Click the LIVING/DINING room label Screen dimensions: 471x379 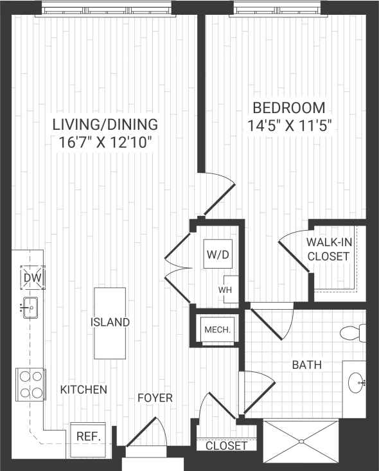click(x=105, y=124)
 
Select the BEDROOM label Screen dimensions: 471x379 click(x=288, y=107)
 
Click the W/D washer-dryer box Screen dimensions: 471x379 click(x=217, y=254)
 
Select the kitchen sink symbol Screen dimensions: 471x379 click(x=29, y=308)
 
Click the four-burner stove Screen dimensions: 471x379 click(x=30, y=384)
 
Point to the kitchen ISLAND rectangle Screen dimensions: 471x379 click(x=110, y=323)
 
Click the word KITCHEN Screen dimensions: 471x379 click(x=84, y=389)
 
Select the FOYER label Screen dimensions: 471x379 click(x=155, y=398)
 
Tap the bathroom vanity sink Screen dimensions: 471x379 click(x=355, y=384)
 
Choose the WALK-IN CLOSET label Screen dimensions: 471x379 click(x=328, y=249)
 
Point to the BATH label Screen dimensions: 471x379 click(x=307, y=365)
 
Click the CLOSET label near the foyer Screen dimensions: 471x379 click(x=226, y=445)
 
